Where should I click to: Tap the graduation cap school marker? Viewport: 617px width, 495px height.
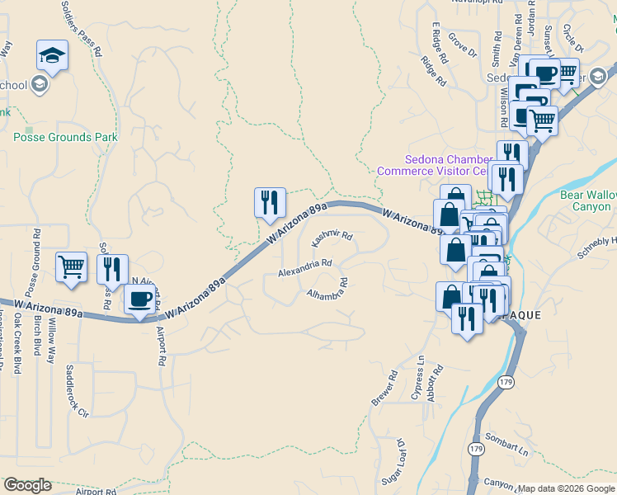(x=53, y=56)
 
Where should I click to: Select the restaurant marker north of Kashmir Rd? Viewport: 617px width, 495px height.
(x=270, y=203)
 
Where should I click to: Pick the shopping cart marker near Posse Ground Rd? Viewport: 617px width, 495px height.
(x=72, y=267)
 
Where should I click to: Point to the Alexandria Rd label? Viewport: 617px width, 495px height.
(x=305, y=267)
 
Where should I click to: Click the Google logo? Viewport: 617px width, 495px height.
(x=28, y=485)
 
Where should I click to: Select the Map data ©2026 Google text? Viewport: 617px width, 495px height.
(x=567, y=488)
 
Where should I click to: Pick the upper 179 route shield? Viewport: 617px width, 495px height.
(x=506, y=382)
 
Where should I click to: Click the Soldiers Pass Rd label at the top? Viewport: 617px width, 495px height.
(x=81, y=27)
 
